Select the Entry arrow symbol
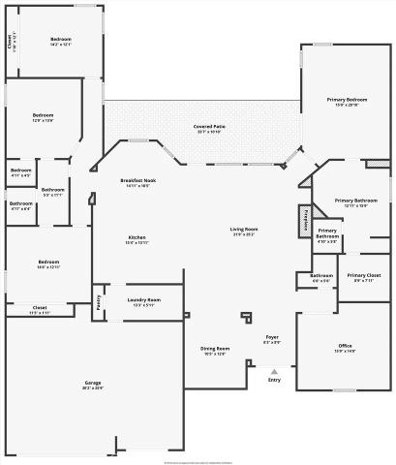click(274, 370)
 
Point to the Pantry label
click(100, 301)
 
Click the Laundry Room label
click(143, 300)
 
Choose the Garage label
click(92, 384)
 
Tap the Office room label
click(345, 346)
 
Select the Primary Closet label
click(364, 275)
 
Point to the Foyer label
click(273, 337)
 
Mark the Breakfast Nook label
click(138, 180)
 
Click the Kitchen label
click(137, 238)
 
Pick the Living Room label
click(243, 230)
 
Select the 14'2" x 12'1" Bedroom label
click(62, 41)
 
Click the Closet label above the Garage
click(39, 308)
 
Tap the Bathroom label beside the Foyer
click(321, 276)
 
